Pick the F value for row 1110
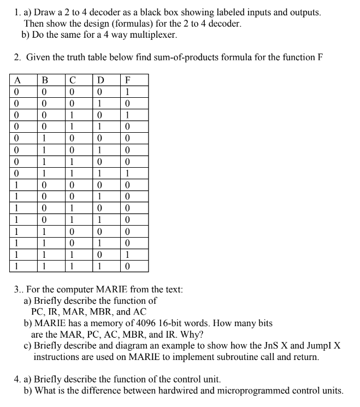click(x=129, y=255)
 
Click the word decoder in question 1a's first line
click(x=107, y=11)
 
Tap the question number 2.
click(x=16, y=57)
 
